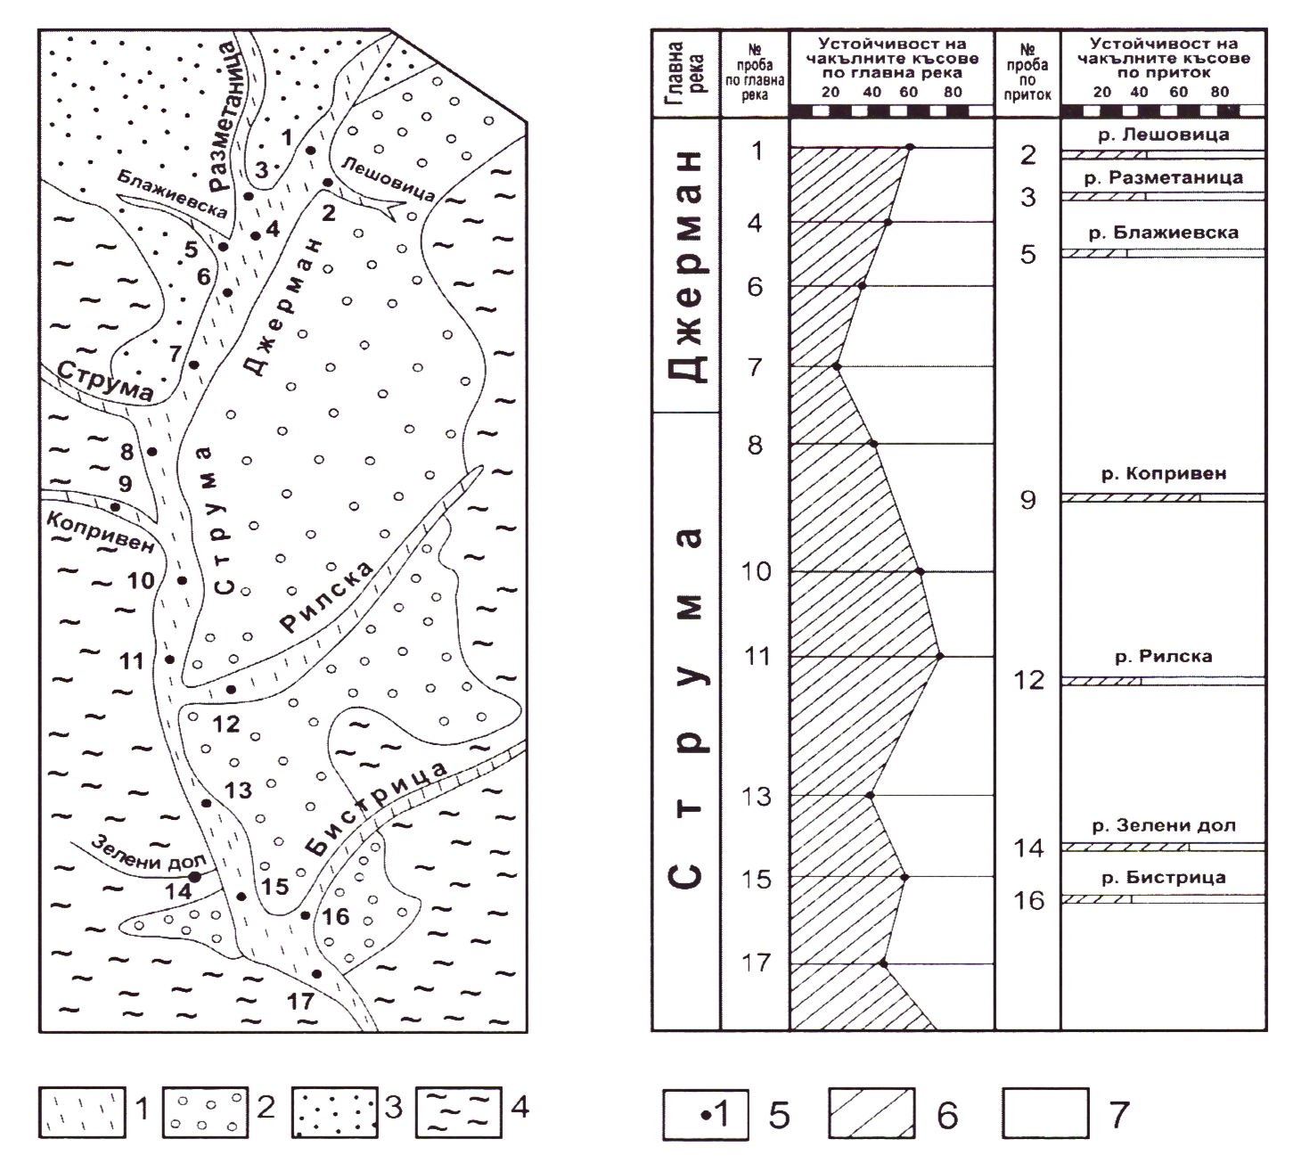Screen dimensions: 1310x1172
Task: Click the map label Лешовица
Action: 389,178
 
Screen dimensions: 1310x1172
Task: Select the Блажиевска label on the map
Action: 173,194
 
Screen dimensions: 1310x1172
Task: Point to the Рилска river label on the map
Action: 326,596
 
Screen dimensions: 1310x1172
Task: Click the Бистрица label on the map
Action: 376,808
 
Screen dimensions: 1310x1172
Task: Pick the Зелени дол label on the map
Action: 149,853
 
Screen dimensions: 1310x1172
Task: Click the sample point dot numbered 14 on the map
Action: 194,877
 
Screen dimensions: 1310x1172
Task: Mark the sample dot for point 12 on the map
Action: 231,690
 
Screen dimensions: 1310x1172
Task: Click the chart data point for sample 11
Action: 939,656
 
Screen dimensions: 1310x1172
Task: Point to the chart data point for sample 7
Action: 838,366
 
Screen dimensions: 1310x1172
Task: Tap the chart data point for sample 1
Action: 910,147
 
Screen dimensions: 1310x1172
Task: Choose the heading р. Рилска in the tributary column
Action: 1163,657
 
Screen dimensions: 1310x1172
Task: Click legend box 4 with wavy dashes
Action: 458,1112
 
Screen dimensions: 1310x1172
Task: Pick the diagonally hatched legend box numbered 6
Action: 872,1114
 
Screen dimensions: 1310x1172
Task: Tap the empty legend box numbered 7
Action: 1045,1114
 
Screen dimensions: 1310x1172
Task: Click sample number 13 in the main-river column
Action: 756,796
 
